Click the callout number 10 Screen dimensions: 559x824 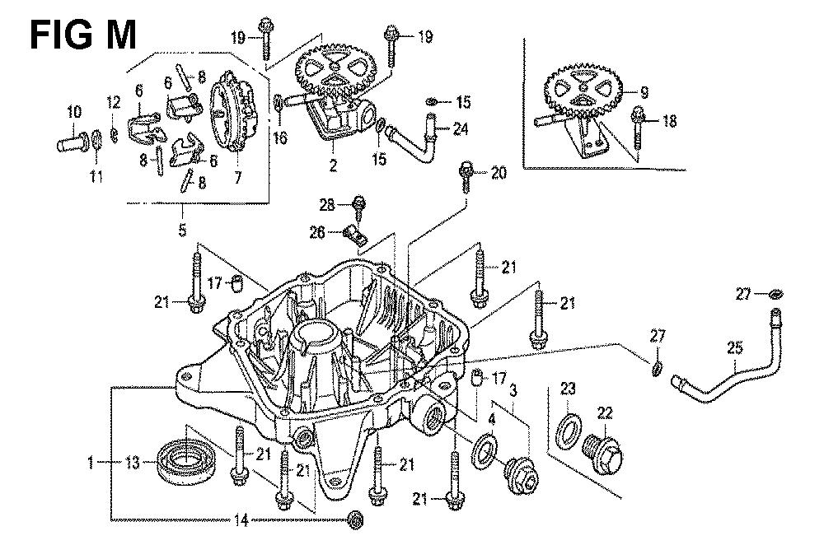pos(74,112)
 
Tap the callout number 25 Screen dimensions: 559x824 pos(734,348)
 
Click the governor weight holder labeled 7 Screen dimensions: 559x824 pos(235,111)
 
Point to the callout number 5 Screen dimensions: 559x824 pos(182,231)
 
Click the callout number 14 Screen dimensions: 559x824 pos(241,520)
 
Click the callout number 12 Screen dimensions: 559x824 pos(113,103)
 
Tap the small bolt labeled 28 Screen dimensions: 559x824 pos(359,203)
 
